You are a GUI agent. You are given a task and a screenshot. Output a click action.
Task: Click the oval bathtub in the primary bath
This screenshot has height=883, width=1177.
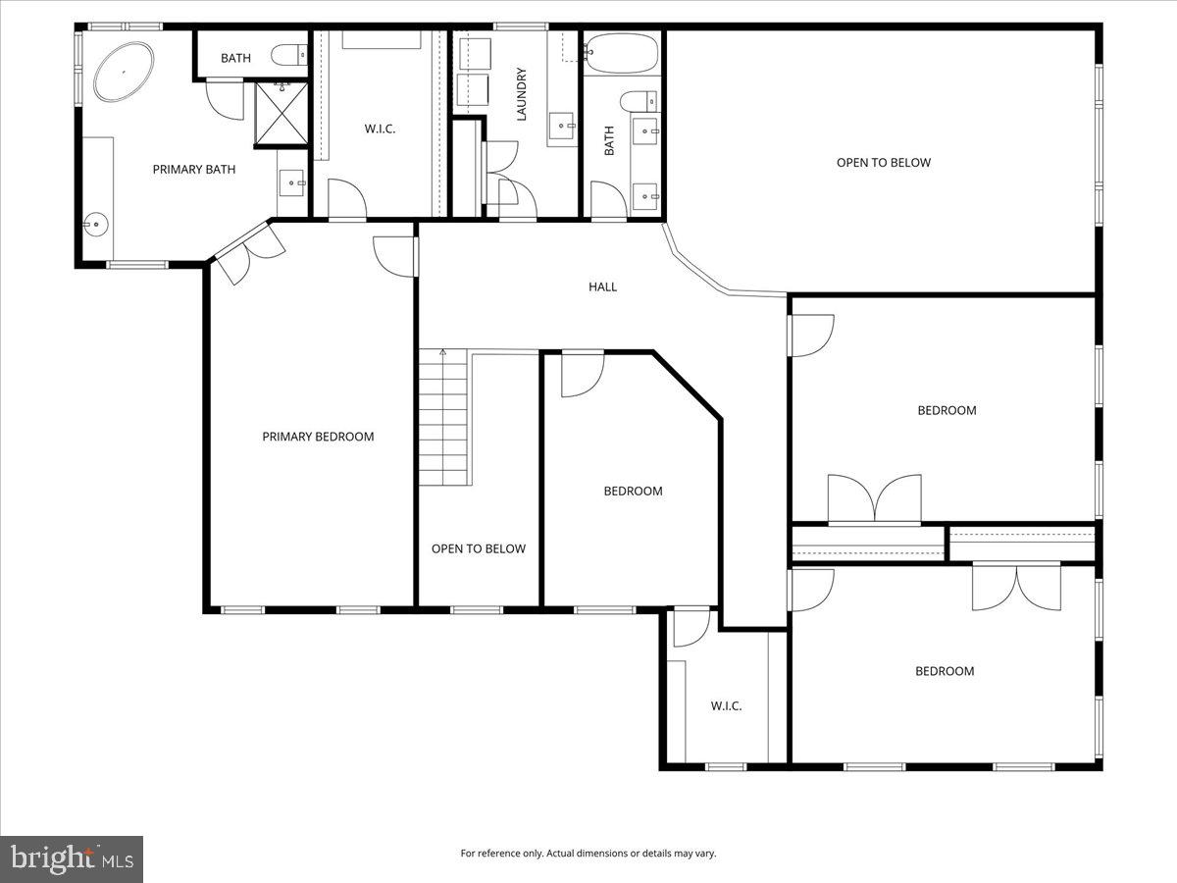124,71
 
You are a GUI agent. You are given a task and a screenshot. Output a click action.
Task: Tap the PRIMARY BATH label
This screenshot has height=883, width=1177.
194,170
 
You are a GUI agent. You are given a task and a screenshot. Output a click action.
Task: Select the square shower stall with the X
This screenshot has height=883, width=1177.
281,114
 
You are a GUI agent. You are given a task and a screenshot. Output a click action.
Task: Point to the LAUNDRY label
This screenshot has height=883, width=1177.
522,94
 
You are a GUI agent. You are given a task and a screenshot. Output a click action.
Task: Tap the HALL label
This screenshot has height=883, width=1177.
602,286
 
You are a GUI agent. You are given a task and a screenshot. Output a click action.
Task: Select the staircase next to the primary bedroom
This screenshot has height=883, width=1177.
444,417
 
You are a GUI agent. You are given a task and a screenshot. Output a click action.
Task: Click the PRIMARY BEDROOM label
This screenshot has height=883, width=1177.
318,437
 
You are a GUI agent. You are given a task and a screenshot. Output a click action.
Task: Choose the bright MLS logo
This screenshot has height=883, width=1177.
72,859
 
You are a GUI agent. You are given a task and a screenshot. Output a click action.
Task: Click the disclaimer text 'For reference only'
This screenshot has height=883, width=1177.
588,854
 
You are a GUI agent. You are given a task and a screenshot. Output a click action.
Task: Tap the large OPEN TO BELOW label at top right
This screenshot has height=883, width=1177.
883,163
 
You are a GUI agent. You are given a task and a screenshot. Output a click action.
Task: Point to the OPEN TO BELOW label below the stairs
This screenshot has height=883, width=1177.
479,549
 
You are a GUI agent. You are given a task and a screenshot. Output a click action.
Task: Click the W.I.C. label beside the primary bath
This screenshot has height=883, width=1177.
380,130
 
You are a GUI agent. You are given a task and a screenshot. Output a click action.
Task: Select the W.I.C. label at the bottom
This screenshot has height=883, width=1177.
726,705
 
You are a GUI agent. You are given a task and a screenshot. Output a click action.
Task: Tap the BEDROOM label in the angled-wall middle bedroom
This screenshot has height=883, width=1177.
633,492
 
